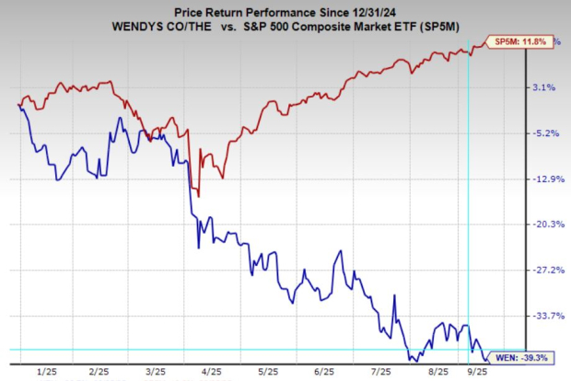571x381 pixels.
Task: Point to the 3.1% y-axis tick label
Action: point(544,87)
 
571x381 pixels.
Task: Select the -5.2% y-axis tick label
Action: point(542,133)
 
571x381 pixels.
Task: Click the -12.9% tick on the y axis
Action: point(542,179)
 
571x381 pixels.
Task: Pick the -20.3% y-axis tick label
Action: point(542,225)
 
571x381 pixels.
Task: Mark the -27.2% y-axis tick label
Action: point(542,270)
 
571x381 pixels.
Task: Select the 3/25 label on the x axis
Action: point(155,372)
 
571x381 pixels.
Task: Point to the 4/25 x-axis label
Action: point(211,372)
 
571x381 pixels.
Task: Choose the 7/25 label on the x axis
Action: point(380,372)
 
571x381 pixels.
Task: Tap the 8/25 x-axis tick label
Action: point(437,372)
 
